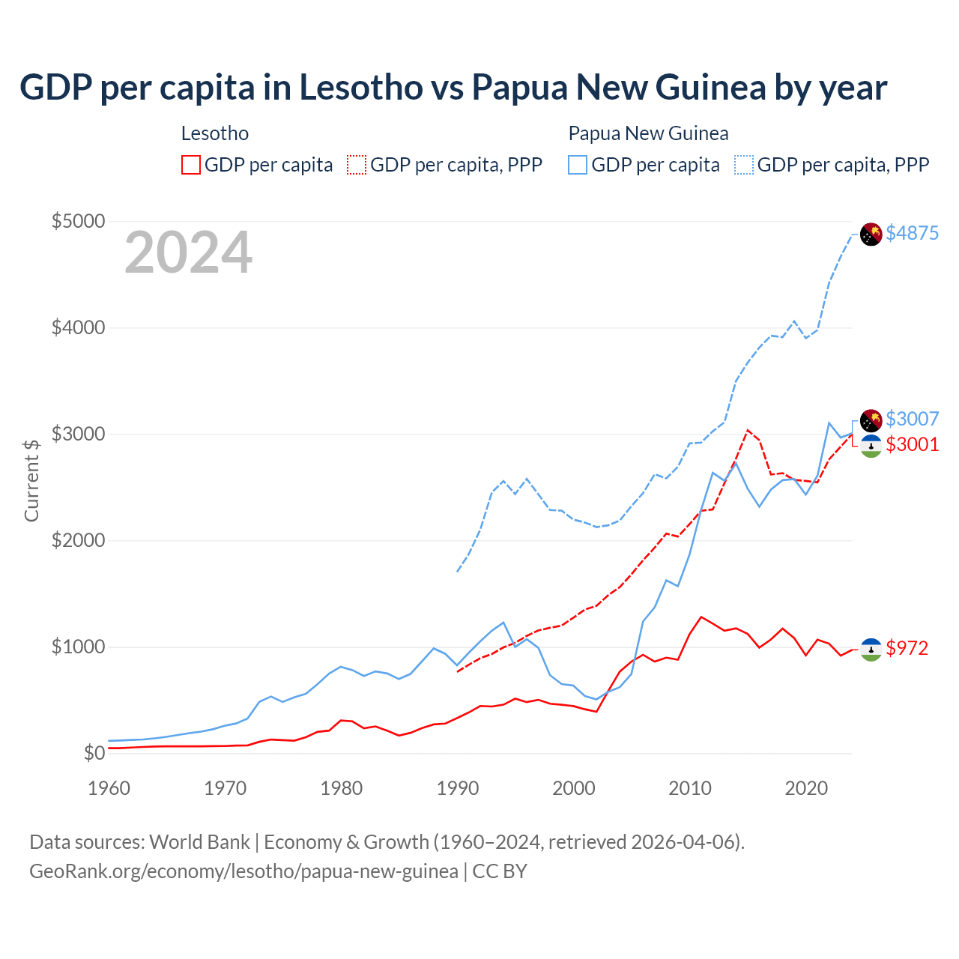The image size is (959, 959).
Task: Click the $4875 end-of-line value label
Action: click(x=912, y=233)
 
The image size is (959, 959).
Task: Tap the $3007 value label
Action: click(x=912, y=419)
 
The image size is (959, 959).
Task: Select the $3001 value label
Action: click(x=912, y=444)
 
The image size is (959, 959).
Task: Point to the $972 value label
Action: click(x=907, y=648)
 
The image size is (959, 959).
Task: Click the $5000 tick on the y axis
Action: click(x=78, y=221)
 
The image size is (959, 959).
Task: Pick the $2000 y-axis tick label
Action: click(x=78, y=540)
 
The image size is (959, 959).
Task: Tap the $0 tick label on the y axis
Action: click(x=94, y=753)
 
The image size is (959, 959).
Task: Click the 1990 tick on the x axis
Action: click(x=458, y=788)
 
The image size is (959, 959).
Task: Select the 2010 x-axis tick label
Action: click(x=690, y=788)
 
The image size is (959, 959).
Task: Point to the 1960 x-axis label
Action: click(x=109, y=788)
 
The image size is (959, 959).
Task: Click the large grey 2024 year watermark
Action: click(x=188, y=253)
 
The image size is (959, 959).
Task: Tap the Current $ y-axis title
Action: click(x=31, y=480)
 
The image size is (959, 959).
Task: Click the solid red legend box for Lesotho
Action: click(x=191, y=165)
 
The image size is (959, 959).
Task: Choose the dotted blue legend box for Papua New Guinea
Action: click(x=744, y=165)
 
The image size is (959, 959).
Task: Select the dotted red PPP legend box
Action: click(x=357, y=165)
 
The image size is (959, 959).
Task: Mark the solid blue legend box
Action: click(x=578, y=165)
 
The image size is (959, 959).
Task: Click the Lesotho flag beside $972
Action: click(x=871, y=649)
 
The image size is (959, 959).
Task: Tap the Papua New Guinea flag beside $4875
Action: click(x=871, y=235)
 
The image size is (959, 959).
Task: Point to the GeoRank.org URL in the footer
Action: click(x=243, y=871)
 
